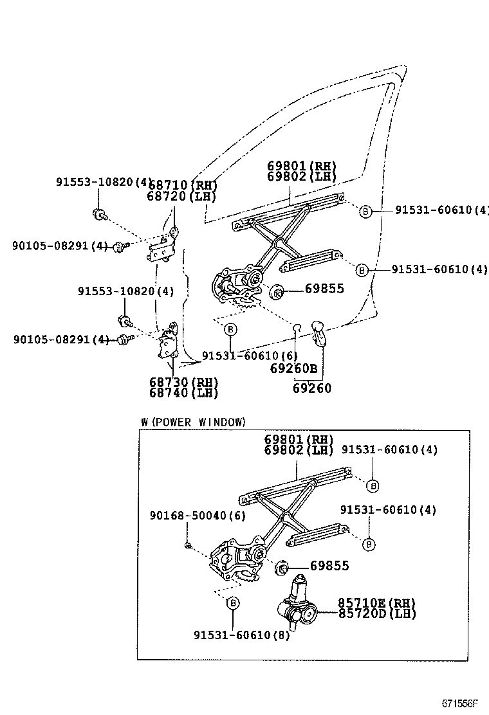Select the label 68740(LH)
[x=183, y=393]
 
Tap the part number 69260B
[x=293, y=368]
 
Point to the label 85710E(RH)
[x=377, y=602]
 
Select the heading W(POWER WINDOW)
[x=193, y=422]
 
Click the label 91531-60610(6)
[x=250, y=356]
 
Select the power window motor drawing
[x=297, y=605]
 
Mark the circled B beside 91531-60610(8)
[x=233, y=602]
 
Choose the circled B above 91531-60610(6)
[x=230, y=329]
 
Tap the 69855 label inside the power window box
[x=329, y=566]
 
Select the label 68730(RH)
[x=183, y=383]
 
